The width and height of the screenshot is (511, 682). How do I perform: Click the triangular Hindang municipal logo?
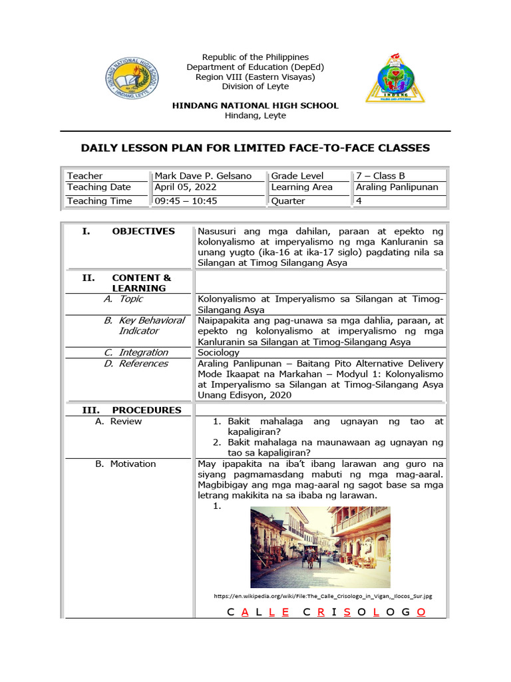tap(393, 78)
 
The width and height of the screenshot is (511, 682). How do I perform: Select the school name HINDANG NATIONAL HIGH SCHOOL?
tap(255, 106)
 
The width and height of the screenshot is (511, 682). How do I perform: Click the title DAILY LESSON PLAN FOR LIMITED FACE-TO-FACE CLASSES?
tap(255, 148)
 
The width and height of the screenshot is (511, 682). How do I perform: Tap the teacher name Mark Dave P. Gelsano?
tap(203, 176)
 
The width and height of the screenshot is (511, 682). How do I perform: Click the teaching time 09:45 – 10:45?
tap(186, 200)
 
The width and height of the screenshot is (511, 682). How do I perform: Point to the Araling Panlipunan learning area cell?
tap(397, 187)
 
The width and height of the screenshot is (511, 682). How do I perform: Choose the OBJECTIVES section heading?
tap(143, 231)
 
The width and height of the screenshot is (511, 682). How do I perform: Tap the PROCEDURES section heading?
tap(146, 410)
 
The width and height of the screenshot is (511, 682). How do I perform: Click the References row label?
tap(143, 364)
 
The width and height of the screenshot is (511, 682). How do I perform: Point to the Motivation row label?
tap(133, 464)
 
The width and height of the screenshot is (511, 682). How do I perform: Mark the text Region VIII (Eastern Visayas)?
tap(255, 77)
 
